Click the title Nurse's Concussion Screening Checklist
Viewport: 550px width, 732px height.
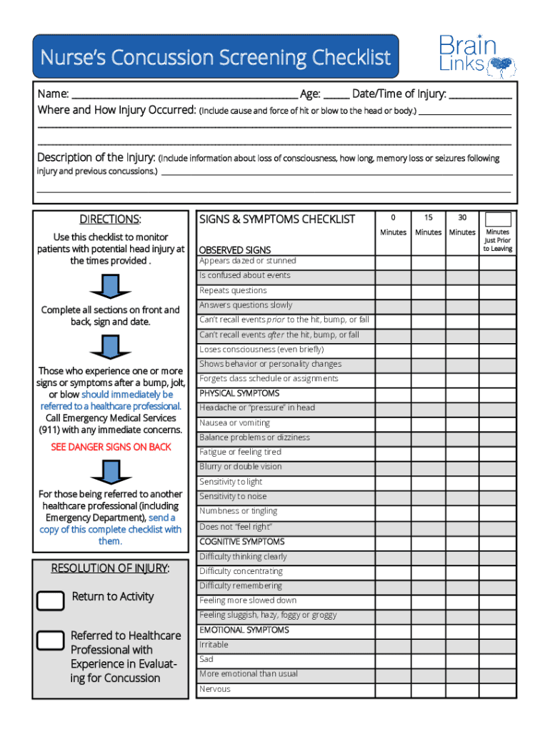point(215,57)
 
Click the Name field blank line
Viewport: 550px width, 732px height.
point(184,94)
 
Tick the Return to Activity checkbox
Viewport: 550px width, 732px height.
point(51,600)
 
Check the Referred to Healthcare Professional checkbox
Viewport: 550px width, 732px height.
point(51,640)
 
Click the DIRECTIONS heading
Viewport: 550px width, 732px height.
point(110,219)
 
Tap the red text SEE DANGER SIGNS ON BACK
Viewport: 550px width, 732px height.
point(111,447)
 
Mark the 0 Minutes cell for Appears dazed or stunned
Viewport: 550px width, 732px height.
point(393,262)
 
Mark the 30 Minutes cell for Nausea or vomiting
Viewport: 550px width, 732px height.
point(462,423)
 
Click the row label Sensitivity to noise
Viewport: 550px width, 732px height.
point(233,496)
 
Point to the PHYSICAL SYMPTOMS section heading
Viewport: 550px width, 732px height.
point(239,394)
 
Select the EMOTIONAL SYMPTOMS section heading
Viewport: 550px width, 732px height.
point(244,630)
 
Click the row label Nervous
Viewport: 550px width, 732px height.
point(215,689)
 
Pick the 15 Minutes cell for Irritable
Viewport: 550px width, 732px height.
point(428,645)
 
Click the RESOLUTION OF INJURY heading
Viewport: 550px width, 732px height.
point(110,568)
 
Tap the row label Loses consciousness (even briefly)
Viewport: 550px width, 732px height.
point(261,350)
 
